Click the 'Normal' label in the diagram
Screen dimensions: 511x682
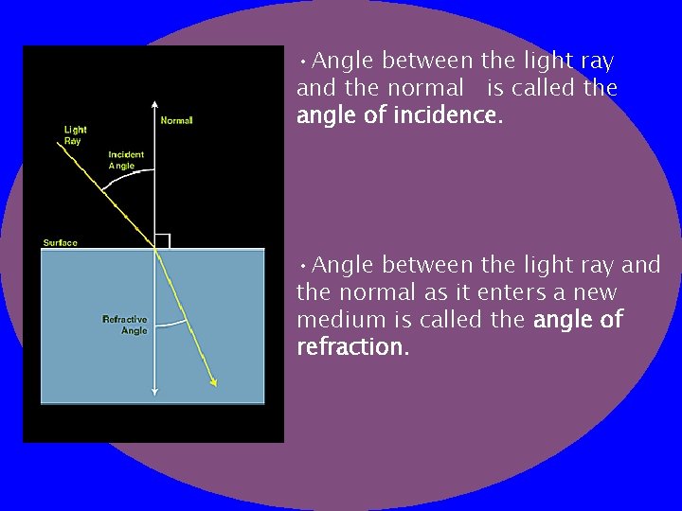click(x=176, y=120)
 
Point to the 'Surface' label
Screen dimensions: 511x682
click(x=60, y=243)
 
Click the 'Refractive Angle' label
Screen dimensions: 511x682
click(x=125, y=325)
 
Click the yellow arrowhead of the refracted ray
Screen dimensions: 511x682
click(x=213, y=381)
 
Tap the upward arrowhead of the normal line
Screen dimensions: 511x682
click(x=153, y=106)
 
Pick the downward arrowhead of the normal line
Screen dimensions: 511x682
click(x=153, y=392)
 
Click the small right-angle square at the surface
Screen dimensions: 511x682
click(x=162, y=241)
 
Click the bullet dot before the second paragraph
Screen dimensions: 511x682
click(x=301, y=263)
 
